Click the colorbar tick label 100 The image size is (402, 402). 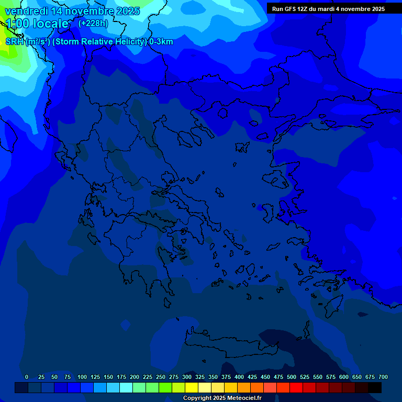(x=82, y=377)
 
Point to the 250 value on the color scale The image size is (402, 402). (x=161, y=377)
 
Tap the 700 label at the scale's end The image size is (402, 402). (x=383, y=377)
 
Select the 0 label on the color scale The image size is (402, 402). (x=27, y=377)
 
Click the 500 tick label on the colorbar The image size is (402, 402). (x=292, y=377)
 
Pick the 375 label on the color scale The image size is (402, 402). (x=226, y=377)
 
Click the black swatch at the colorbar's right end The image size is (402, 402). (x=375, y=388)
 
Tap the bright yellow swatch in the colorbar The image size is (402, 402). (x=192, y=388)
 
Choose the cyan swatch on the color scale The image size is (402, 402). (x=126, y=388)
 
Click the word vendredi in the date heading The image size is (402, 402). (x=26, y=11)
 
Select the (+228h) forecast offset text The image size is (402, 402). (x=93, y=23)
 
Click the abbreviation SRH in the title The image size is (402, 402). (x=15, y=42)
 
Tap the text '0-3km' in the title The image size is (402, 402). (x=161, y=42)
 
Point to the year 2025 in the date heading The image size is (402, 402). (x=125, y=11)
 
